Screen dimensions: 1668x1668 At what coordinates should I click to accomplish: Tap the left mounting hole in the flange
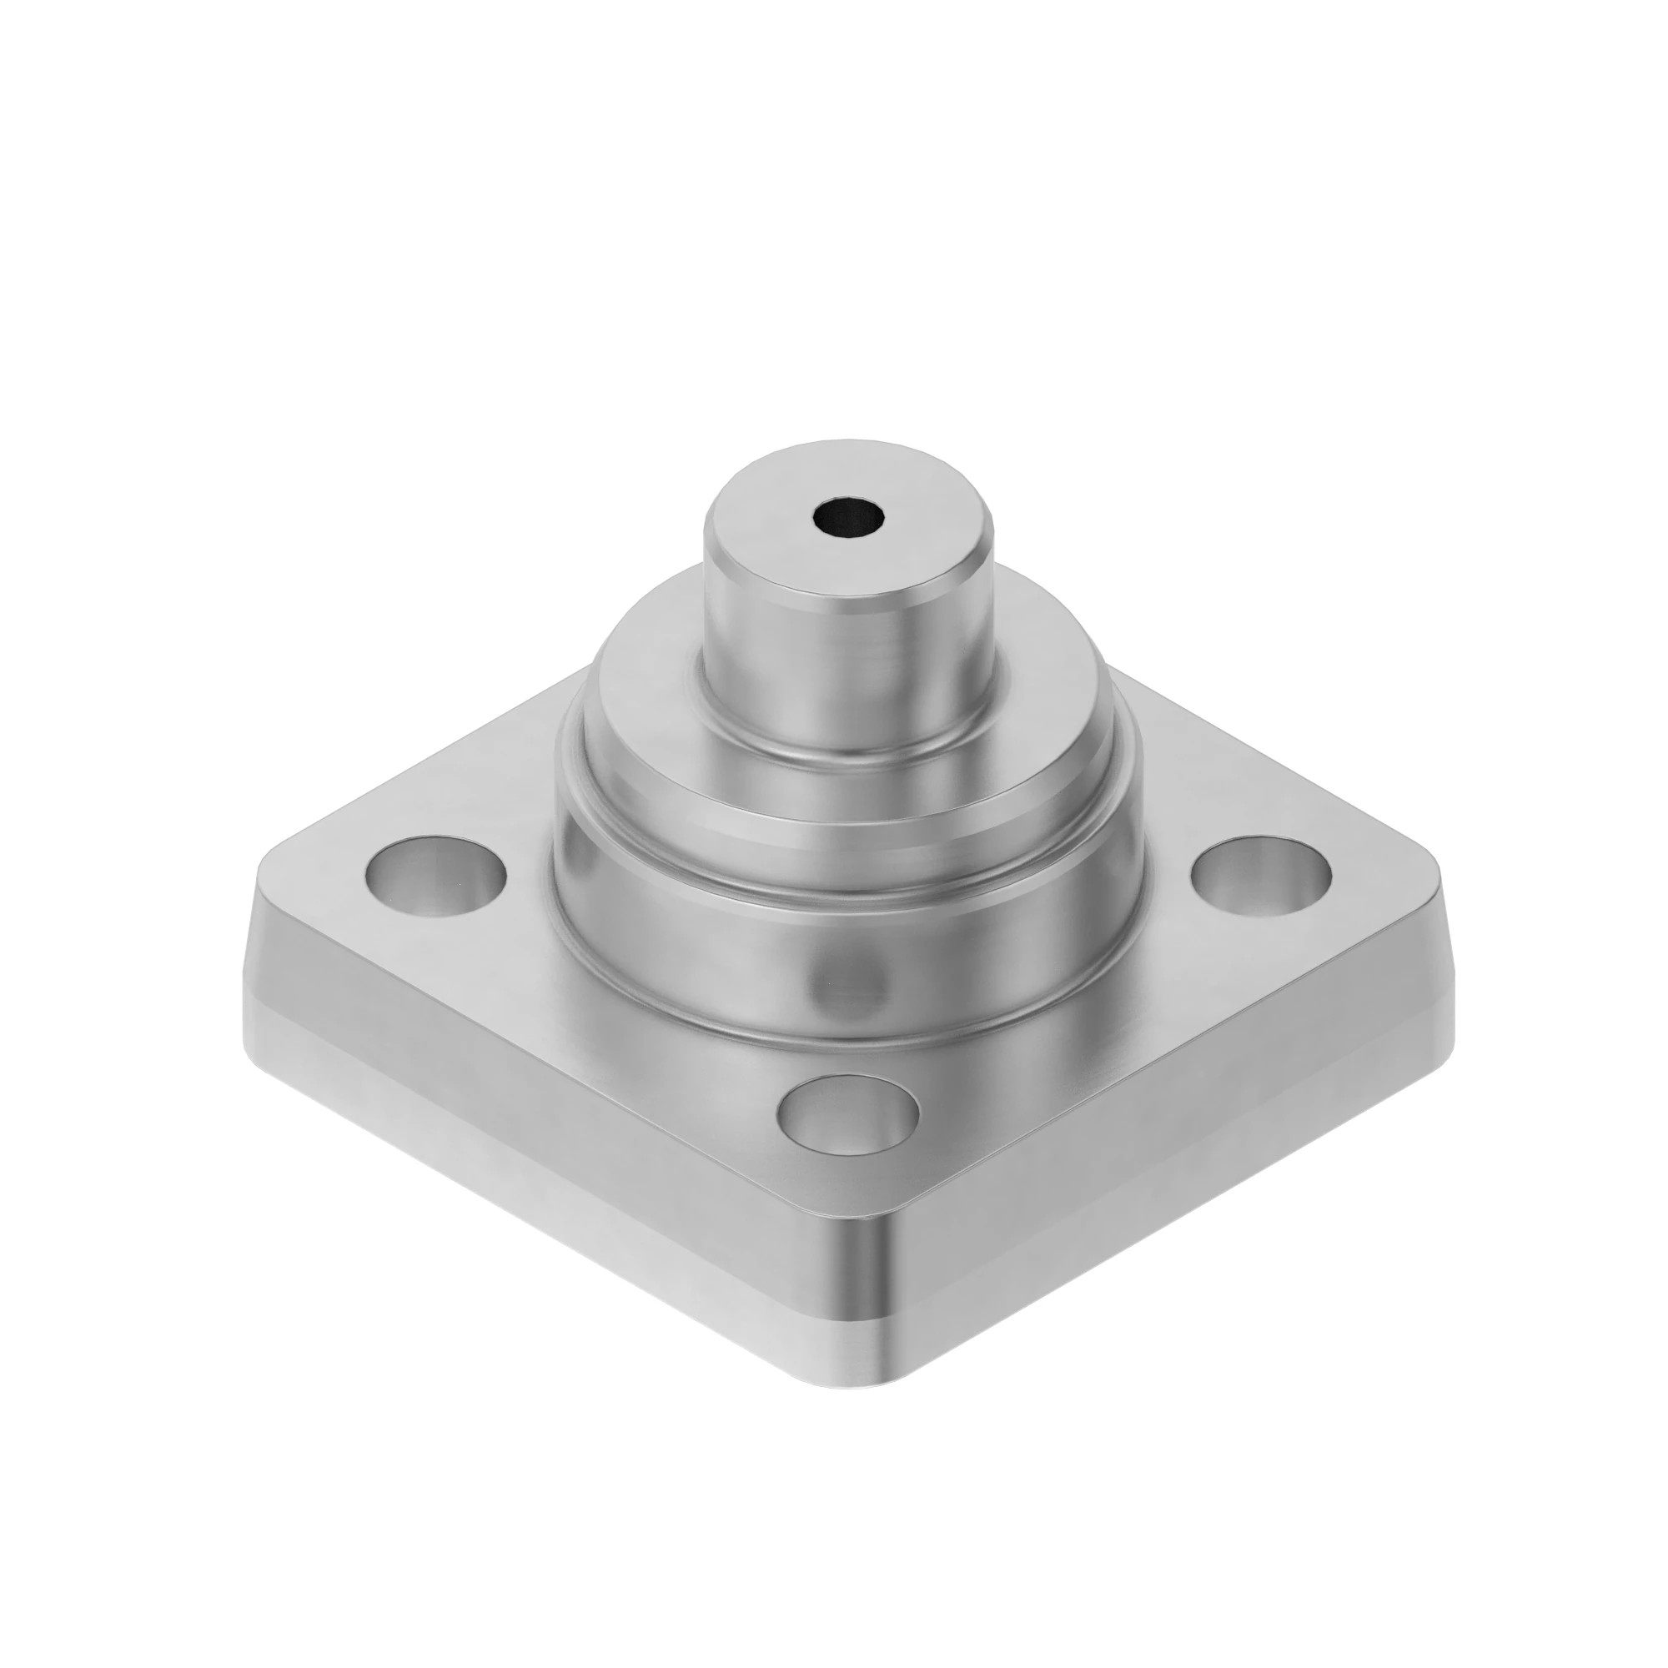(436, 877)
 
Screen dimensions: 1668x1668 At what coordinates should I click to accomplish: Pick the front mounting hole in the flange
(848, 1115)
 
